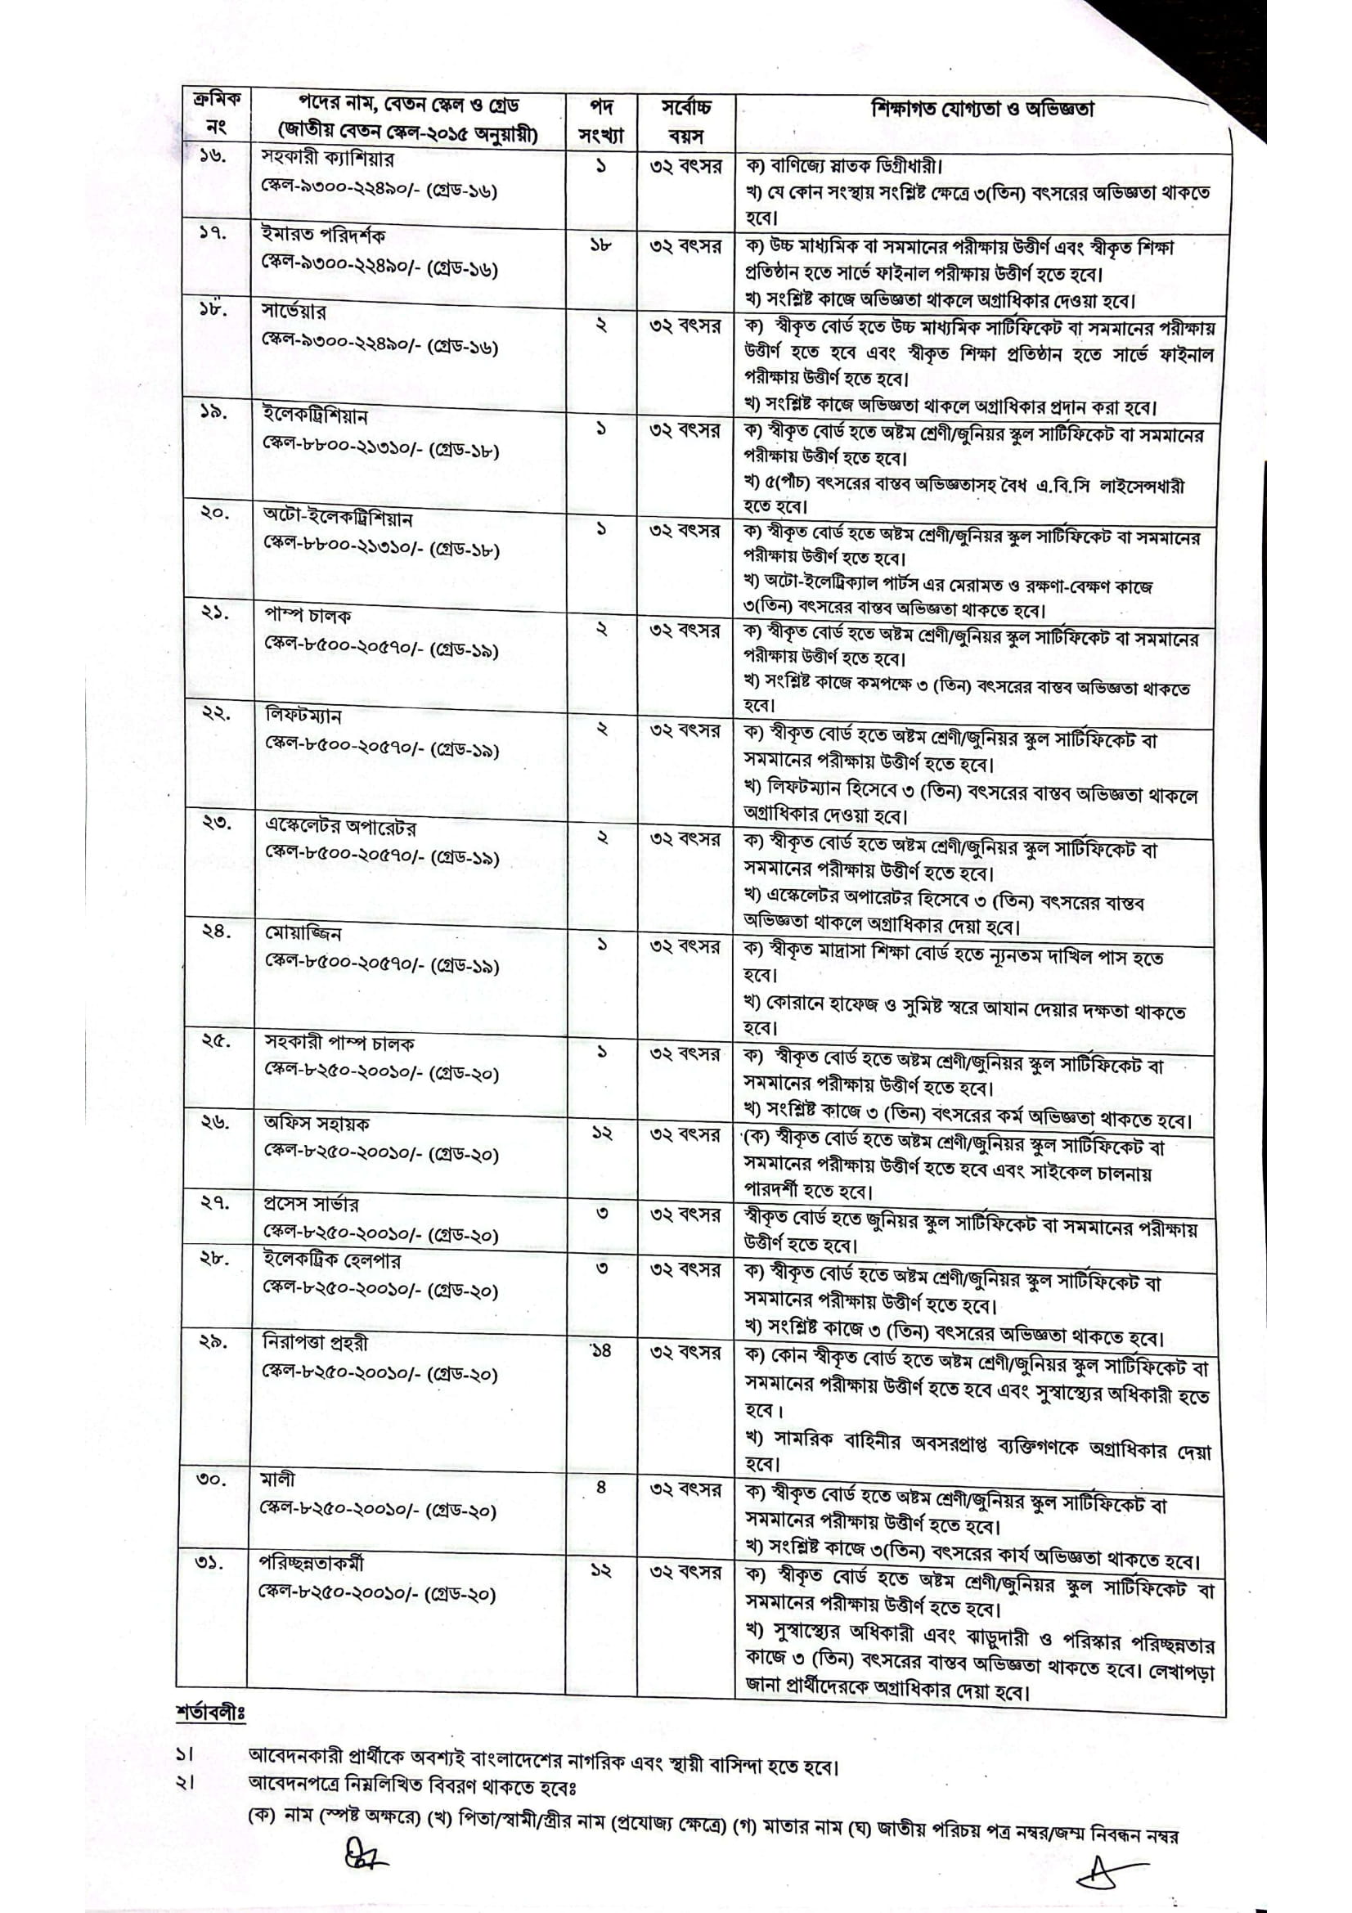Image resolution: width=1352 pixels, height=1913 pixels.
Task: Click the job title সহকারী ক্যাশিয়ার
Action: [x=327, y=159]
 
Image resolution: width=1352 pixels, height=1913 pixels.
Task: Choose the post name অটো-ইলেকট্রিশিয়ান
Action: [x=337, y=518]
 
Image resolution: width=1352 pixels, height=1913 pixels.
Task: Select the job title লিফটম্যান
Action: [x=303, y=716]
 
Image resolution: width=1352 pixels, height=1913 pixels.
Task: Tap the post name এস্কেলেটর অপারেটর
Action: [x=341, y=828]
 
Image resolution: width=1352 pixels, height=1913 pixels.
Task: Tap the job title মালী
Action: [x=276, y=1480]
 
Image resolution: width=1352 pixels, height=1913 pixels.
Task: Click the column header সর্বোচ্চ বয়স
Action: [x=685, y=122]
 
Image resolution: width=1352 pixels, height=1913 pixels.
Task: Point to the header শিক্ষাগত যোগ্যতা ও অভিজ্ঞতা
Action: [x=983, y=109]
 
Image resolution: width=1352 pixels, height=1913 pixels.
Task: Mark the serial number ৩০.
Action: [x=213, y=1482]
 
